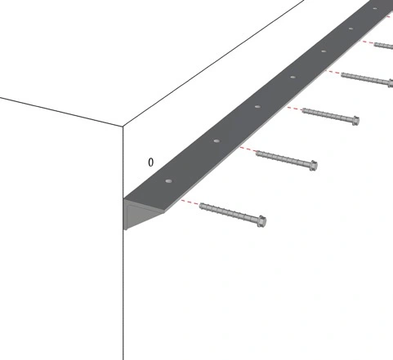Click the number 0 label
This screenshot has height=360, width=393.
click(150, 162)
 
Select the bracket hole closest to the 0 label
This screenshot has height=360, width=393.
click(169, 181)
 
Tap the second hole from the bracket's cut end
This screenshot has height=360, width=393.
click(217, 141)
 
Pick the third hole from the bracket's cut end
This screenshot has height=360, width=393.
click(257, 106)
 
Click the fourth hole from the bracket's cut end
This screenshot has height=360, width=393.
click(293, 78)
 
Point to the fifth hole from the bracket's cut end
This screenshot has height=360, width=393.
click(324, 51)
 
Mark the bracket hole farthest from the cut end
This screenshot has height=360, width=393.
click(375, 8)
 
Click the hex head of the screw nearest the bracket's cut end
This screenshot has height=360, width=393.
click(261, 221)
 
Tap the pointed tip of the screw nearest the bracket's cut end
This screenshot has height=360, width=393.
click(200, 206)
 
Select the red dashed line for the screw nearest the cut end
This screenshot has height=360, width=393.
click(190, 202)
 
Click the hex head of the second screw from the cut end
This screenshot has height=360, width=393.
click(314, 165)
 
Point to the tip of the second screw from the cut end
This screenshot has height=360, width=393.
click(257, 153)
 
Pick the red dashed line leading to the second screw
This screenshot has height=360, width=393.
click(248, 149)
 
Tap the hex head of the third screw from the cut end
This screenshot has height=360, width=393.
click(355, 120)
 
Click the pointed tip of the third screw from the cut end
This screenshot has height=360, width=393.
click(303, 110)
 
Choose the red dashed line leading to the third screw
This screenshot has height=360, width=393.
click(295, 109)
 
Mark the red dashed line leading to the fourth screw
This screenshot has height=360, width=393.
click(333, 72)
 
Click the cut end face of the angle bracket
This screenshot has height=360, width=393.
click(136, 214)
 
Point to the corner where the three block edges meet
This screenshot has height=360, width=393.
click(123, 127)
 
